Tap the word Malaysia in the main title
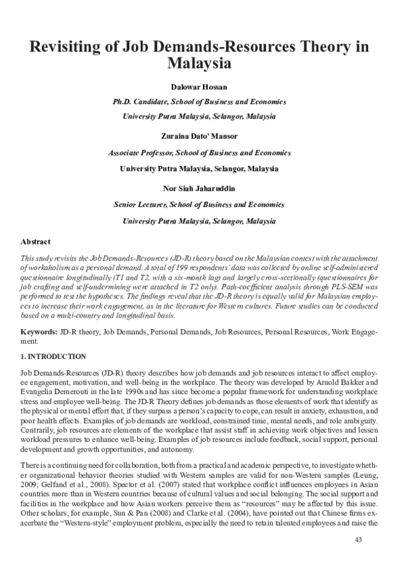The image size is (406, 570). tap(202, 65)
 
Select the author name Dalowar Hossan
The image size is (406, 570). tap(203, 87)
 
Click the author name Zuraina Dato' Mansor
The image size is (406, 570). tap(203, 136)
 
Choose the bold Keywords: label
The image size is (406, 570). tap(39, 333)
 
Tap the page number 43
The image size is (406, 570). tap(359, 540)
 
